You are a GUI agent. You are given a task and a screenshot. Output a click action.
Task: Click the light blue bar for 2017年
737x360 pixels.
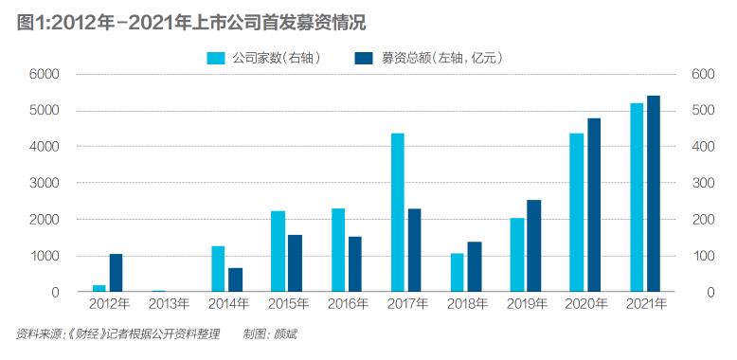point(398,212)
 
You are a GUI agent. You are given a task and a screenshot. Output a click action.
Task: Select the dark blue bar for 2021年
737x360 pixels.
point(654,193)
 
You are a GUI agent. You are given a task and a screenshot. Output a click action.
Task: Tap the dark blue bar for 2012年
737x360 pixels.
point(116,273)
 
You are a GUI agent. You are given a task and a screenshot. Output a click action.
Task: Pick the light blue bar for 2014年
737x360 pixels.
point(218,269)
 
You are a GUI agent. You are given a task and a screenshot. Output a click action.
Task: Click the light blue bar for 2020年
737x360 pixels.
point(576,212)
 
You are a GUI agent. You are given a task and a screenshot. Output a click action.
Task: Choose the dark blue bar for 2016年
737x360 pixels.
point(354,264)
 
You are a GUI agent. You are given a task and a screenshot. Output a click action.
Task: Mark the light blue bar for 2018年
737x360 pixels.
point(457,273)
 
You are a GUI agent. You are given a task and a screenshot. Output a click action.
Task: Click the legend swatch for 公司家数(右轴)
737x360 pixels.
point(215,58)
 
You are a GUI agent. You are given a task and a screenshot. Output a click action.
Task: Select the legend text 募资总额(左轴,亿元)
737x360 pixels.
point(440,58)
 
